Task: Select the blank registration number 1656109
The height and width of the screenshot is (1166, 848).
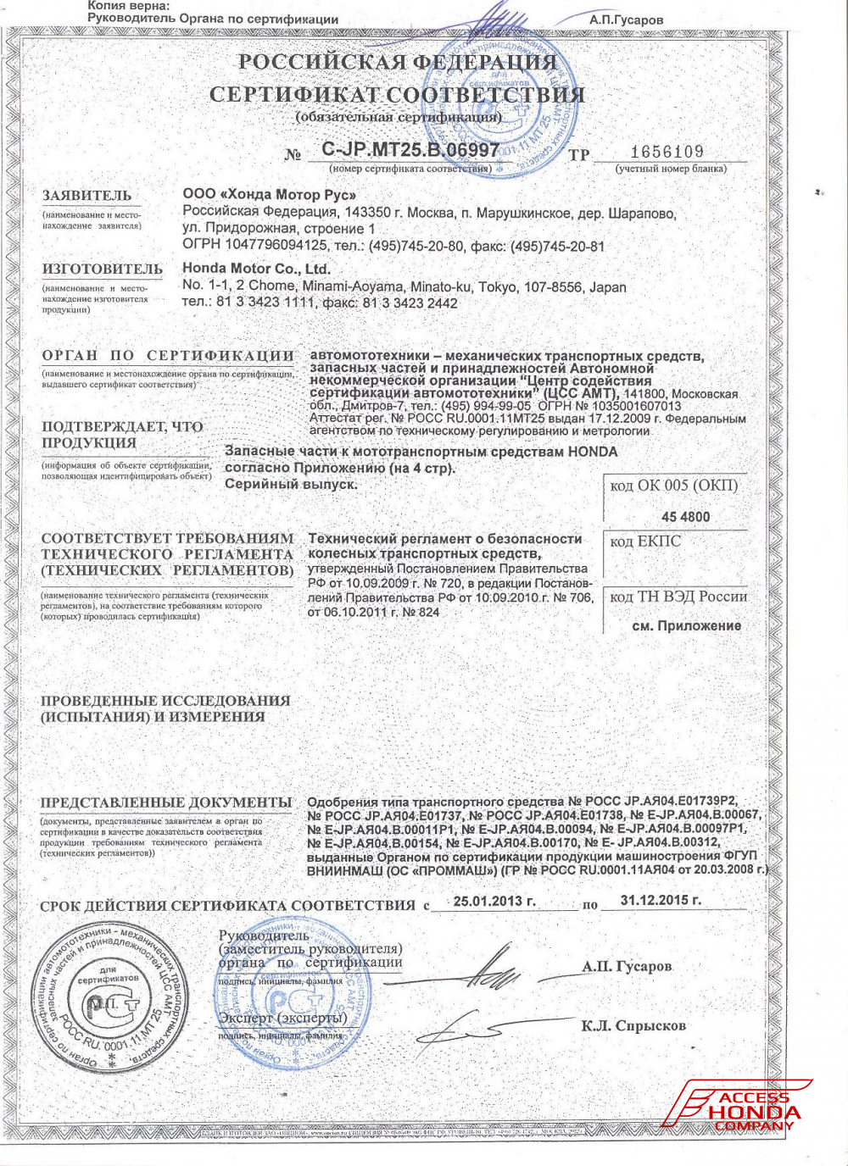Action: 667,152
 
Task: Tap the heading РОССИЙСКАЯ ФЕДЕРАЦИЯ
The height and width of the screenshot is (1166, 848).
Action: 397,62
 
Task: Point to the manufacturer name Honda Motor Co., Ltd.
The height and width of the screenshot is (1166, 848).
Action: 256,269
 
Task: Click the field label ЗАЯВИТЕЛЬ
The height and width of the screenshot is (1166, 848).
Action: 87,196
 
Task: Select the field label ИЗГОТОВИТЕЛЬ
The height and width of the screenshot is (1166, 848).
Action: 103,269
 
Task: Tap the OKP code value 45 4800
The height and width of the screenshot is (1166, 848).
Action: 685,517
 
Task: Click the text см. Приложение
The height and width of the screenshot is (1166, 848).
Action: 687,625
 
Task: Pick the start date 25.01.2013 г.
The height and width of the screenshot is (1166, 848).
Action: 494,901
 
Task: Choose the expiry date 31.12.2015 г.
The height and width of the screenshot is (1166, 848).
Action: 661,900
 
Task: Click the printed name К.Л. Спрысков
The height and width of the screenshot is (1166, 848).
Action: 633,1026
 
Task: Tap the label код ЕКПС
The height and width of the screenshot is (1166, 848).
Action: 645,541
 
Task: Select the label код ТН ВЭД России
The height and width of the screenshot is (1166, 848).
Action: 678,597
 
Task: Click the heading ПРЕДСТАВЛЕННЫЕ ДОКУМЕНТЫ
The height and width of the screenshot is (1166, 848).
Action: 166,802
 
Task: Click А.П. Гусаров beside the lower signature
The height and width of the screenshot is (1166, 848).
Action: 627,966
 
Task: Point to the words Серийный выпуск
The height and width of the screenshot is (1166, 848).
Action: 291,484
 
